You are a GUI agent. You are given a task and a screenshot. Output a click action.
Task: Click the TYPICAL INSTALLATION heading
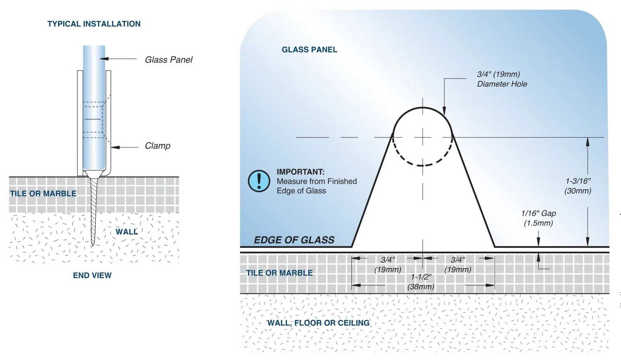(x=94, y=24)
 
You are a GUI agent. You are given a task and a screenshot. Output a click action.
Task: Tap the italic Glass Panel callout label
(x=168, y=60)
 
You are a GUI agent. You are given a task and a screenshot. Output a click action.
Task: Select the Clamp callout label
(x=158, y=146)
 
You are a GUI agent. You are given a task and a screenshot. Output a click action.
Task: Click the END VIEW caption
(x=92, y=275)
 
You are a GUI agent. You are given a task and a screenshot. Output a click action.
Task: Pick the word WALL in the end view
(x=127, y=232)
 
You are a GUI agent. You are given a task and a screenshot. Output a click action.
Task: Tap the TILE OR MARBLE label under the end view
(x=43, y=194)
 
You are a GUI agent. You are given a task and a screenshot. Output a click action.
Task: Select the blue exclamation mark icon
(x=259, y=181)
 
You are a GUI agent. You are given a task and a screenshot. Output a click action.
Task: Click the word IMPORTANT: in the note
(x=300, y=172)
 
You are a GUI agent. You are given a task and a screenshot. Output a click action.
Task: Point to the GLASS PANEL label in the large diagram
(x=309, y=50)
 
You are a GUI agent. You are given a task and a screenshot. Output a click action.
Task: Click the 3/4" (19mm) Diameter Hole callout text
(x=502, y=79)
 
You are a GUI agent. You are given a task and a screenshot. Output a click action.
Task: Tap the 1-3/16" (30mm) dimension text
(x=578, y=186)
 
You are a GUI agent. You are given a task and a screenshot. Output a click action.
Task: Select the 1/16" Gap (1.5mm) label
(x=538, y=218)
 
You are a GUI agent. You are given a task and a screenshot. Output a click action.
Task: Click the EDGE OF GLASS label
(x=294, y=240)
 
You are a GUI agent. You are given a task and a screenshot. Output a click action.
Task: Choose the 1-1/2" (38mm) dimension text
(x=421, y=282)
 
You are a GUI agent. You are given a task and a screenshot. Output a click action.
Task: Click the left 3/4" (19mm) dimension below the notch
(x=388, y=265)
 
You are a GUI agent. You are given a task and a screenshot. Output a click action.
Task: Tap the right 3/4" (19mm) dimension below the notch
(x=458, y=265)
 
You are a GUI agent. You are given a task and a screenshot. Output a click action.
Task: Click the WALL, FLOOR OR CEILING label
(x=318, y=323)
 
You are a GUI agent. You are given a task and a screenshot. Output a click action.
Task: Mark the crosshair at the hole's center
(x=423, y=137)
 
